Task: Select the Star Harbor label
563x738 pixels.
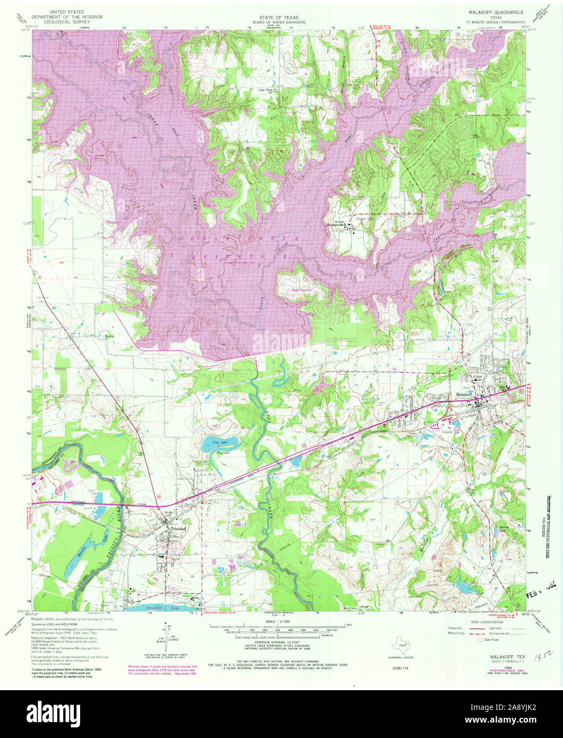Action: [301, 290]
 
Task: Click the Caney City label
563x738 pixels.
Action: [365, 217]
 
